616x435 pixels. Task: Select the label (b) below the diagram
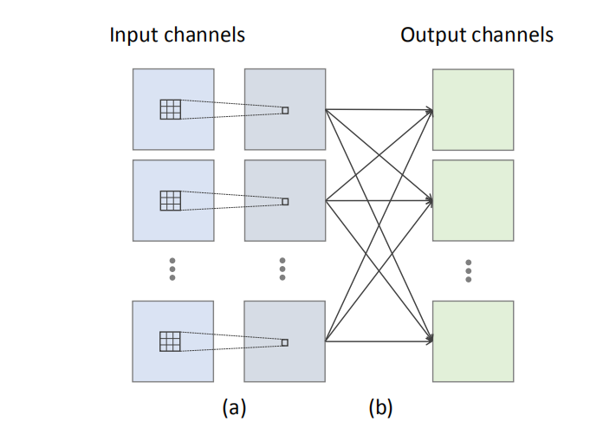379,406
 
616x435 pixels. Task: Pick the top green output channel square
473,109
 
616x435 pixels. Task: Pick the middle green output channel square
473,200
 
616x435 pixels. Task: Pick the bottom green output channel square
473,341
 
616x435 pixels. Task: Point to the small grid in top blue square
171,109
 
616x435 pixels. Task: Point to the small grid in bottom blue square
171,341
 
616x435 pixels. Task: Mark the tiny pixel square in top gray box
285,110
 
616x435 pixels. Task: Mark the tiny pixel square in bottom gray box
285,341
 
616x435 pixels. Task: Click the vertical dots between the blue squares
172,269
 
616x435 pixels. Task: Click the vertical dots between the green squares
469,270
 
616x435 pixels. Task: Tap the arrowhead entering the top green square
429,110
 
